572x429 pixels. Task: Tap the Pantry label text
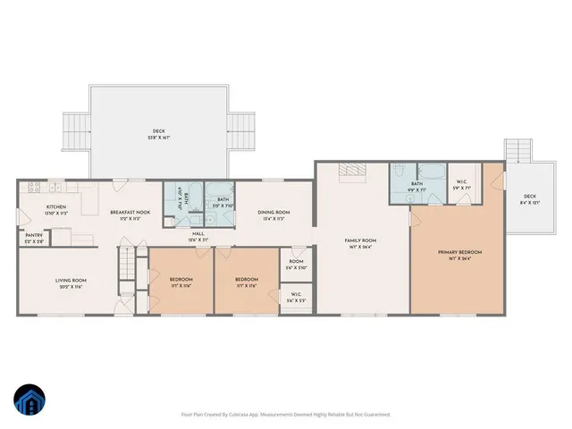(x=34, y=238)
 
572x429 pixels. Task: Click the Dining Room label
(x=270, y=214)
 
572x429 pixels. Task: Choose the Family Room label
(x=361, y=242)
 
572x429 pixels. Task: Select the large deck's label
(x=159, y=134)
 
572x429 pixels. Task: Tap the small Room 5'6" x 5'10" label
(x=296, y=265)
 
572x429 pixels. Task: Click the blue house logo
(x=29, y=400)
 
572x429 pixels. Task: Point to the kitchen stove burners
(x=33, y=188)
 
